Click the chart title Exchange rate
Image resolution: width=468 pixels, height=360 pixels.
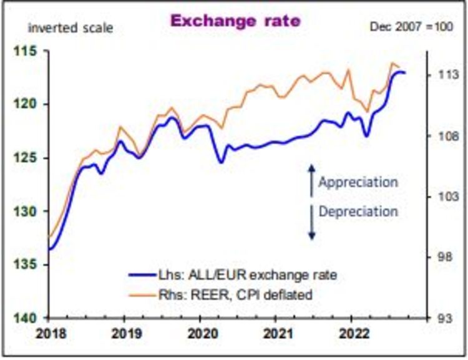(x=235, y=21)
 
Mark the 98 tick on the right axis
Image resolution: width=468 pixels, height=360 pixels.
(x=445, y=258)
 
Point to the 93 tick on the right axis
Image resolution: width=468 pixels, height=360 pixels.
(x=445, y=318)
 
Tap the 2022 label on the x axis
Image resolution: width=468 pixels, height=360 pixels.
(x=351, y=333)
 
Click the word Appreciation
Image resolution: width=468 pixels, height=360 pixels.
(x=358, y=182)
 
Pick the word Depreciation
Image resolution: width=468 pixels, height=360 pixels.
(x=358, y=211)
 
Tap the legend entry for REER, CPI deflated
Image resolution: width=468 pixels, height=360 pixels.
(x=220, y=293)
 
